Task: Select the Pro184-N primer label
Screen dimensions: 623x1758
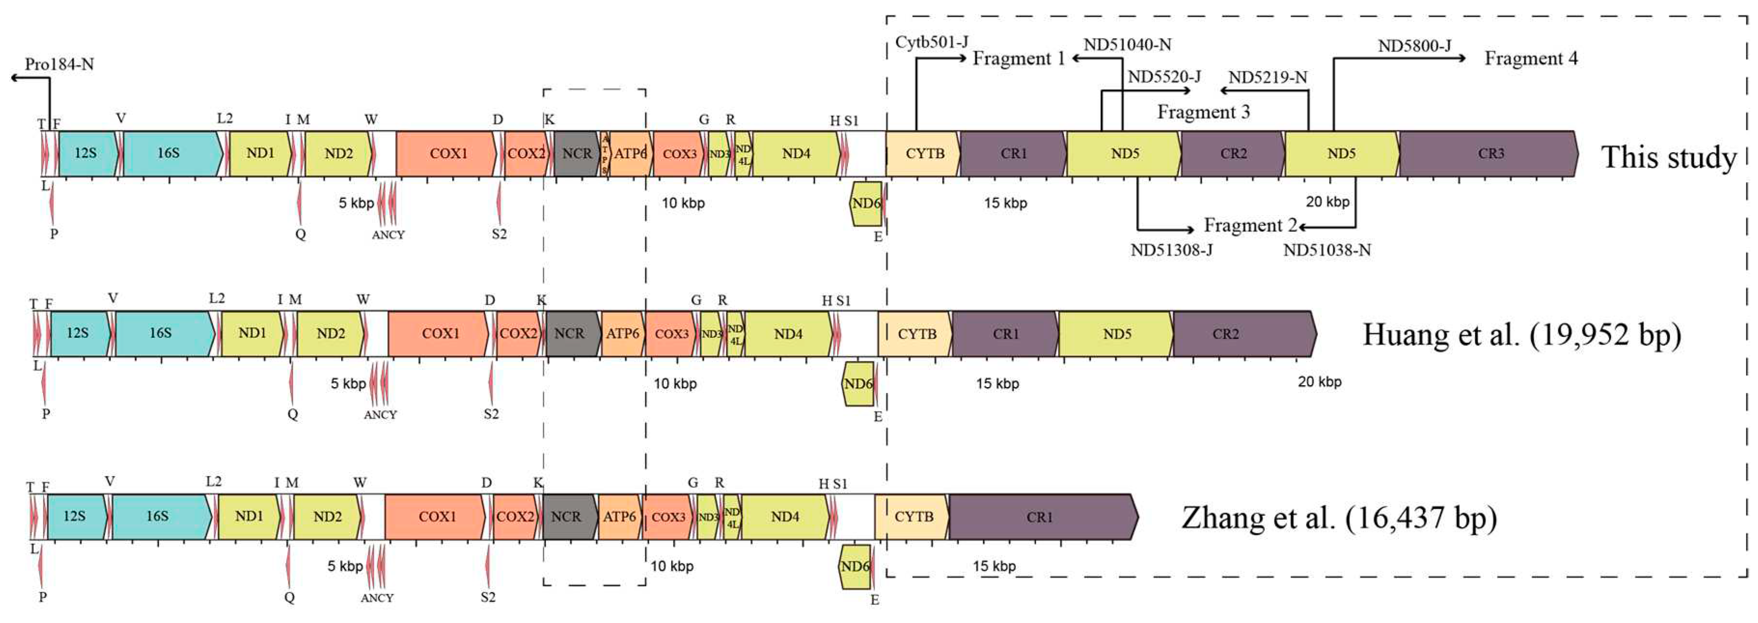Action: click(59, 65)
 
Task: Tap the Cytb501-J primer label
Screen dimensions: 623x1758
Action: click(932, 42)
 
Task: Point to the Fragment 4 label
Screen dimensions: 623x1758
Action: click(1531, 59)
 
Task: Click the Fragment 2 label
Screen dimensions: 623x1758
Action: click(1250, 225)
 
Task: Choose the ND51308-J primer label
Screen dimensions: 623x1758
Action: click(1171, 250)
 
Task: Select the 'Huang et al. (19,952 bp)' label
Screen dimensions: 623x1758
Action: click(1522, 334)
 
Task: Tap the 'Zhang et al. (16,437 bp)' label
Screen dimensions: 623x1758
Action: click(1339, 517)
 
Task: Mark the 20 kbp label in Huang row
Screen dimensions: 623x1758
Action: click(1319, 382)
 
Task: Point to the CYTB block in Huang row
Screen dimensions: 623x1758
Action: click(917, 334)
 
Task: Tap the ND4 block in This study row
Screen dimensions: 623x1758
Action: click(796, 153)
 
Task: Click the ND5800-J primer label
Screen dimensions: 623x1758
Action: click(1414, 46)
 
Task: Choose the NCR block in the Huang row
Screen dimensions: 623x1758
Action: click(569, 334)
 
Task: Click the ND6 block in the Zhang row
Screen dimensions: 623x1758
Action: click(854, 567)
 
